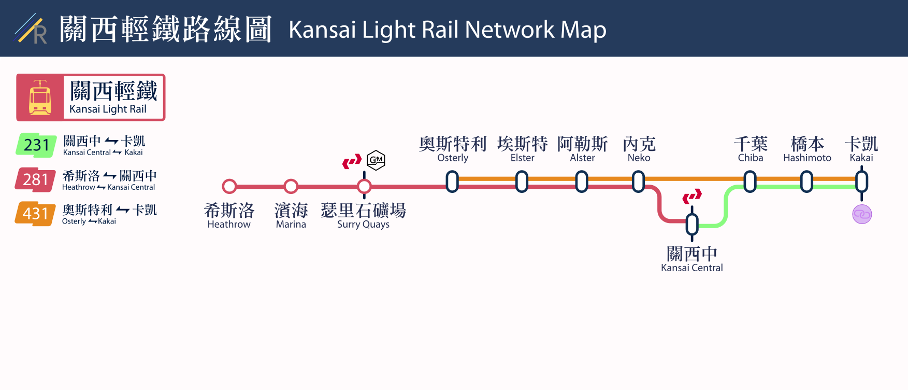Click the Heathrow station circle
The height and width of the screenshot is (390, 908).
pyautogui.click(x=229, y=186)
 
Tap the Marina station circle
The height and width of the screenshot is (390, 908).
pyautogui.click(x=291, y=186)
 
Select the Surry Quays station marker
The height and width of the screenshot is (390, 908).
pyautogui.click(x=364, y=186)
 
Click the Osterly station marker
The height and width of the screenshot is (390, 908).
pyautogui.click(x=452, y=182)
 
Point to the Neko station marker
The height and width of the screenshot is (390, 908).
pyautogui.click(x=639, y=182)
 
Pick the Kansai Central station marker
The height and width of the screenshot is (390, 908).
pyautogui.click(x=692, y=225)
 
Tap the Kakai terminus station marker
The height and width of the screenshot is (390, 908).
pyautogui.click(x=861, y=182)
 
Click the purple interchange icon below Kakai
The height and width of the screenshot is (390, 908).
pyautogui.click(x=862, y=214)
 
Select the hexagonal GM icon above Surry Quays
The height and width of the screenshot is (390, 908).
pyautogui.click(x=376, y=160)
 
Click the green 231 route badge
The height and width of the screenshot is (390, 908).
pyautogui.click(x=36, y=145)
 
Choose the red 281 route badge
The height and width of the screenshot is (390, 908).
pyautogui.click(x=35, y=179)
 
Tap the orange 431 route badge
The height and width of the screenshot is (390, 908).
pyautogui.click(x=35, y=214)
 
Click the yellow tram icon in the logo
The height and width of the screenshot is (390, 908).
pyautogui.click(x=40, y=97)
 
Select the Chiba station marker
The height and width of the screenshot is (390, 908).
pyautogui.click(x=750, y=182)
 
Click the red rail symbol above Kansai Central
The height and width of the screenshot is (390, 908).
pyautogui.click(x=692, y=196)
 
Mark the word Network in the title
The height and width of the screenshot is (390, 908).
pyautogui.click(x=509, y=30)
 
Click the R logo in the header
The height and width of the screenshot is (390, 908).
pyautogui.click(x=32, y=30)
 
